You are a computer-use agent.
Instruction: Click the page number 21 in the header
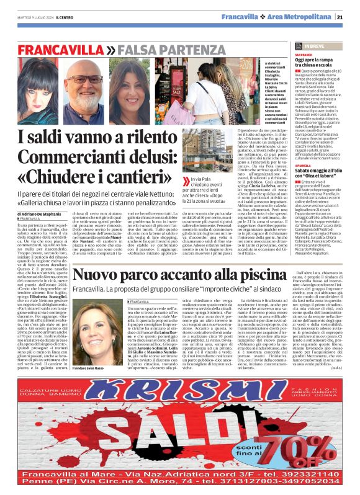[348, 17]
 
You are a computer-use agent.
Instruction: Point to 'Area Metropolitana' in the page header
[305, 17]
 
